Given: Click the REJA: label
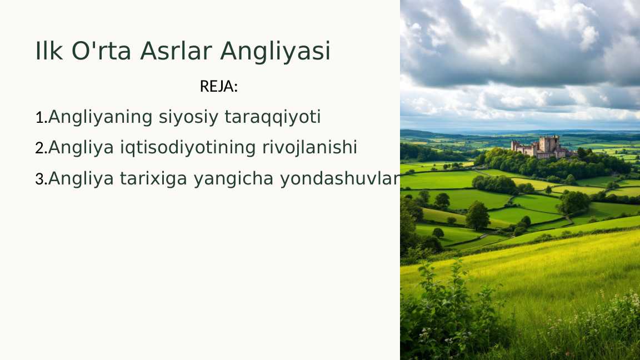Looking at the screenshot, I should [218, 87].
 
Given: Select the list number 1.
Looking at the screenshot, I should [40, 118].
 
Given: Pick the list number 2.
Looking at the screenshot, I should [40, 148].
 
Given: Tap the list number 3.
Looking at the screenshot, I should [40, 179].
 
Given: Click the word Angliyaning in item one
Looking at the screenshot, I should [101, 118].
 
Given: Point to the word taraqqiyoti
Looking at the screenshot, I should [273, 117].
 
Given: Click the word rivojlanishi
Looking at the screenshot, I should [309, 148].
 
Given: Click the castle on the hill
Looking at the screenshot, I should [542, 147].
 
